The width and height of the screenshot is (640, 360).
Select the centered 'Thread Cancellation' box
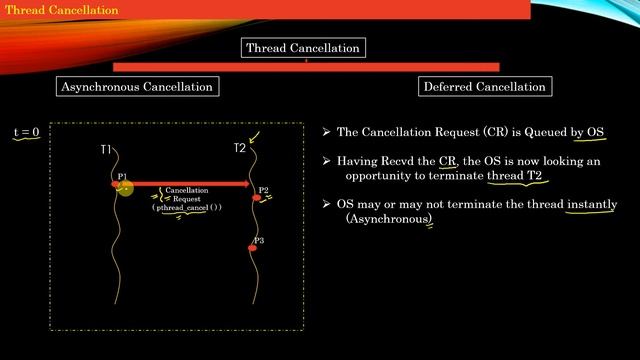pos(303,48)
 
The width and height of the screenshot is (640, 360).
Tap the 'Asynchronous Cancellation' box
pos(137,86)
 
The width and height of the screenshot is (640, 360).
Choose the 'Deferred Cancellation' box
pos(485,86)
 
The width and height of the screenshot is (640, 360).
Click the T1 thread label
pos(107,149)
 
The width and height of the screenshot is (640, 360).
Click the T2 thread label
pos(239,149)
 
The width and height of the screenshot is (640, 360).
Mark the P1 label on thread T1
pos(122,176)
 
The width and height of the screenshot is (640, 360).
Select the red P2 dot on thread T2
pos(256,197)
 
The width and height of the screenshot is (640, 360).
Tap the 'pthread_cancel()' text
pos(187,207)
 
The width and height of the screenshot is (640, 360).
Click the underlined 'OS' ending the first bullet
pos(595,132)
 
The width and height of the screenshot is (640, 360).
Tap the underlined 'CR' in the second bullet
pos(447,160)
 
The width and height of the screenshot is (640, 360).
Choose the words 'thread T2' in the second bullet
pos(519,175)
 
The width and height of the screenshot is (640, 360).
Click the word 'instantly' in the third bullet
pos(591,204)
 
